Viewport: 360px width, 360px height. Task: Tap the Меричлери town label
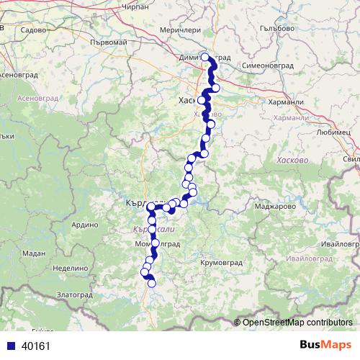tap(177, 30)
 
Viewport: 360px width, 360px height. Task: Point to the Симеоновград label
tap(268, 65)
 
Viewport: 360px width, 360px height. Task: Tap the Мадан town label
tap(34, 253)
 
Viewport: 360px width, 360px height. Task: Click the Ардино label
tap(84, 225)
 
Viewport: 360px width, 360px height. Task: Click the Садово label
tap(34, 31)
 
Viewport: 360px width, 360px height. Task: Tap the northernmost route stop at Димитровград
tap(204, 57)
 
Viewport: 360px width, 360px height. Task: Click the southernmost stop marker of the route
tap(152, 284)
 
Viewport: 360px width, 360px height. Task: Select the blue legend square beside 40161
tap(8, 346)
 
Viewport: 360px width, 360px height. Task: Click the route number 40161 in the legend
tap(36, 346)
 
